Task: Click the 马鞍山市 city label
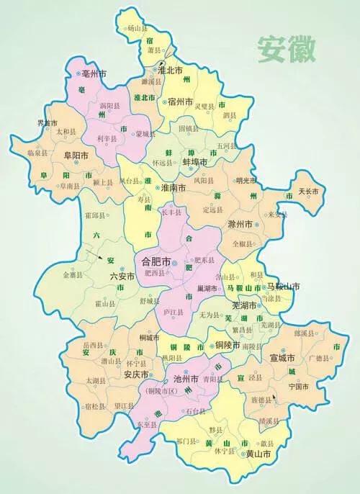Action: point(261,287)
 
